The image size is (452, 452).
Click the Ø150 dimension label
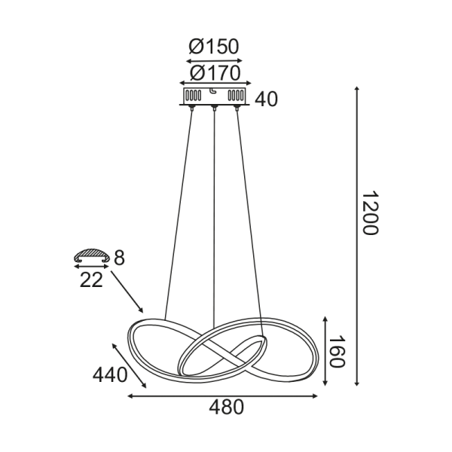214,47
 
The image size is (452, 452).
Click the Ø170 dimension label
215,73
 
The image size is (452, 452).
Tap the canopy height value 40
267,99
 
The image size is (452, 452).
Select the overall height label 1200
368,213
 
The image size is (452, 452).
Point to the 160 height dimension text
336,353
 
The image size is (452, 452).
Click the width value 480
226,408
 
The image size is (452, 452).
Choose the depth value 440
111,374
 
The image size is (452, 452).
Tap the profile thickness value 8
119,257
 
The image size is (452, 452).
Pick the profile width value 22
91,279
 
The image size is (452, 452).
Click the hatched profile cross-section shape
91,256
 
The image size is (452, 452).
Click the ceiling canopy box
215,96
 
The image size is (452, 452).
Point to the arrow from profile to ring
127,293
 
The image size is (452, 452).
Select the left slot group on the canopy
194,96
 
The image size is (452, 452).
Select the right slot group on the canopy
236,96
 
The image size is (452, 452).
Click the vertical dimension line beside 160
325,351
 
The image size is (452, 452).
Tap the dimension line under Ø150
214,60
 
